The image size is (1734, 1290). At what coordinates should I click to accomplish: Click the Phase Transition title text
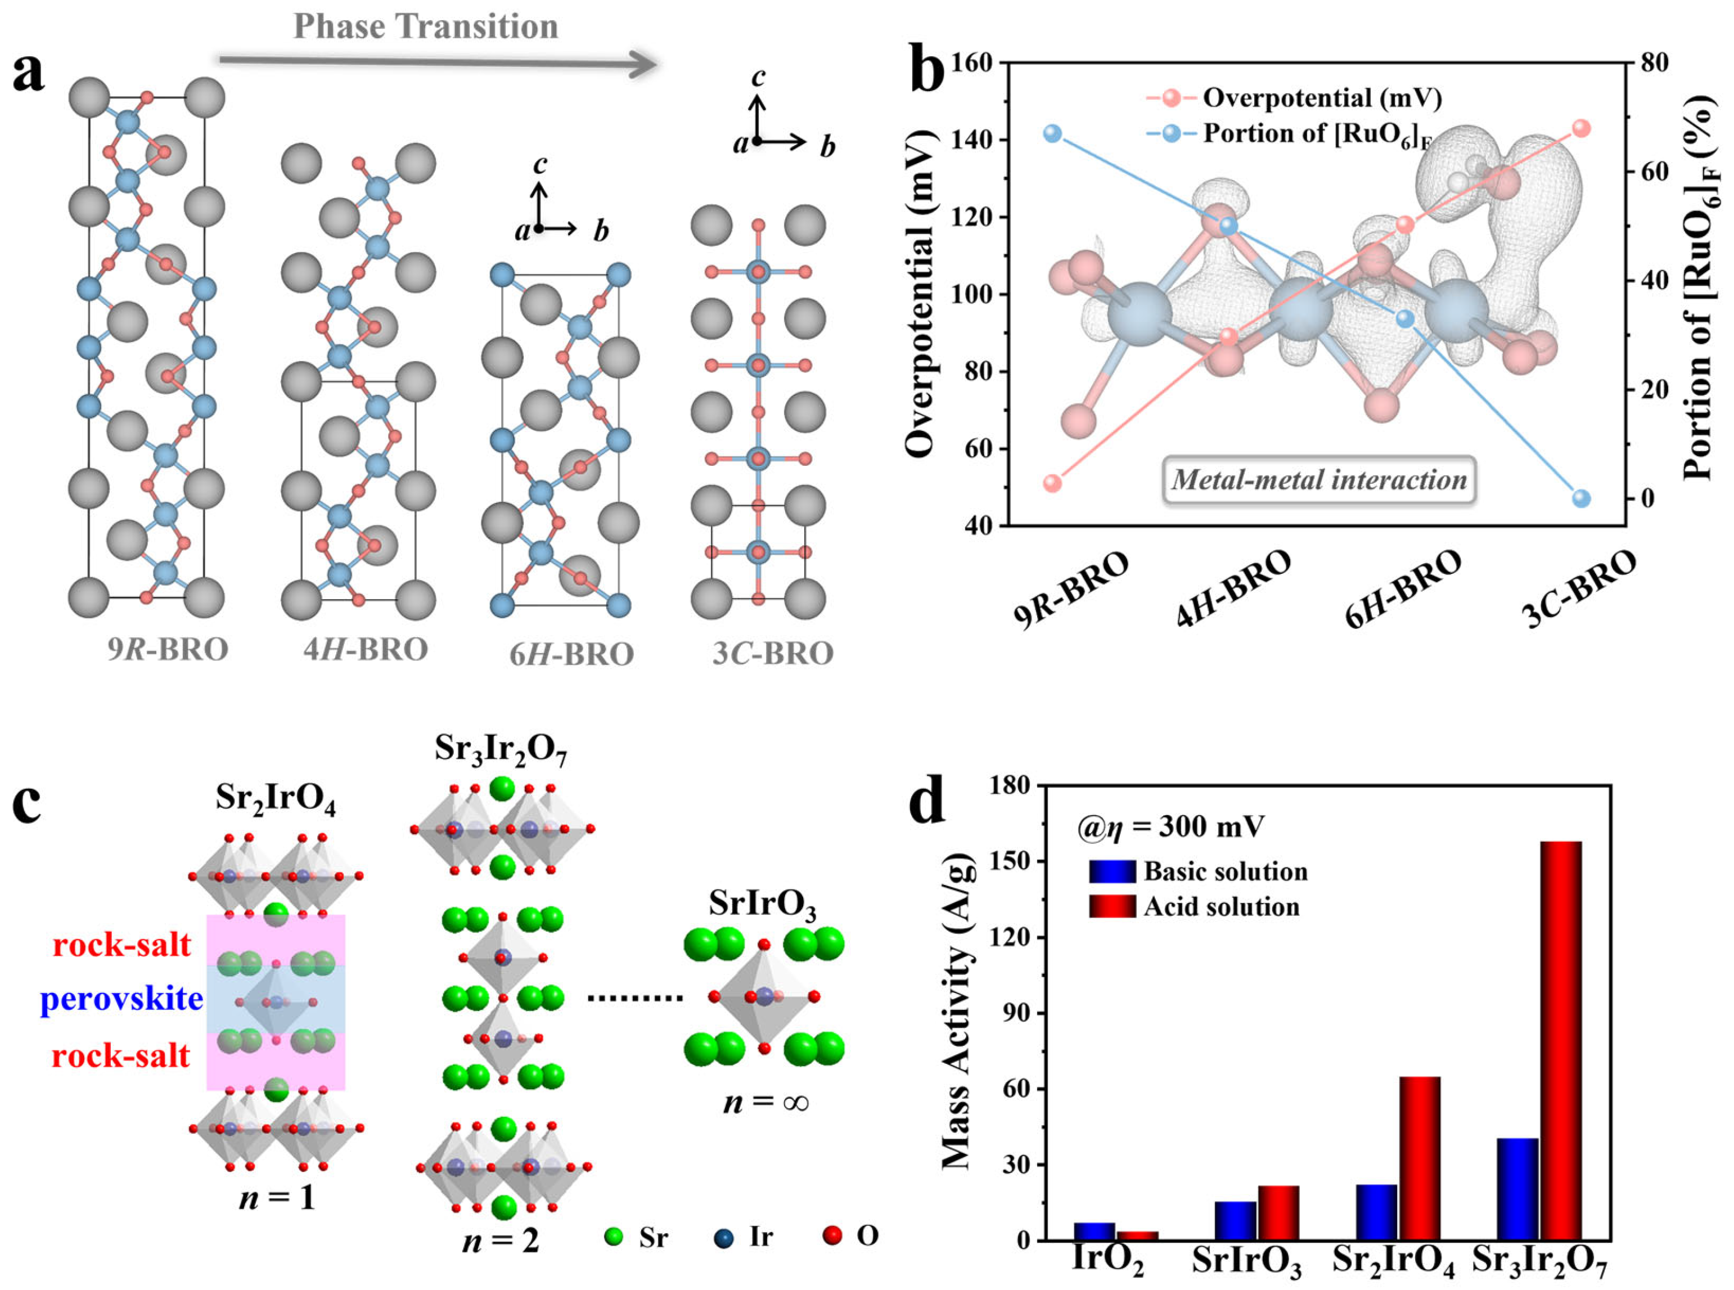click(426, 26)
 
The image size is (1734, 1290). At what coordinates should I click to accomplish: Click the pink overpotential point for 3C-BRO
click(1581, 129)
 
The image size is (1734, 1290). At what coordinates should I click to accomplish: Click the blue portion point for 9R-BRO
click(1052, 133)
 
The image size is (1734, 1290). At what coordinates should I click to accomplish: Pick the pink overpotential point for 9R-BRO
click(1052, 483)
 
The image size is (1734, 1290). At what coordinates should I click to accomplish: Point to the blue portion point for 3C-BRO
click(1581, 498)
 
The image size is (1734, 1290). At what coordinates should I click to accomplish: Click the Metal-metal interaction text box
click(1319, 479)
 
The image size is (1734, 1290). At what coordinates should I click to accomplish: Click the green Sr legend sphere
click(614, 1237)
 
